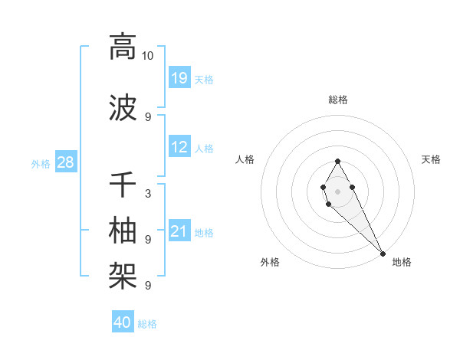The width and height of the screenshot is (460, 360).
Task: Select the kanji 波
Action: [x=123, y=106]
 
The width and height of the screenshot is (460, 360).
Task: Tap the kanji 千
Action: [x=123, y=185]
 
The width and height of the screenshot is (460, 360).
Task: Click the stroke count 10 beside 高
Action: [x=148, y=56]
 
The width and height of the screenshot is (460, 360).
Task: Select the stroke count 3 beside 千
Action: [x=148, y=194]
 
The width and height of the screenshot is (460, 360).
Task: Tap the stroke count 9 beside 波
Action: [x=148, y=116]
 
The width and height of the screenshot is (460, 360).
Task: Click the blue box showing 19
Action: [x=179, y=77]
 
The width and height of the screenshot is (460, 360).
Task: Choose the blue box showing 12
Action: [x=179, y=147]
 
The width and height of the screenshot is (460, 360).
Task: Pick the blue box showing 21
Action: [x=179, y=231]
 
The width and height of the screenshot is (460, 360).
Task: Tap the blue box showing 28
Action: [x=65, y=162]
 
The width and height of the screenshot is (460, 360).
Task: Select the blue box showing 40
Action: [x=123, y=322]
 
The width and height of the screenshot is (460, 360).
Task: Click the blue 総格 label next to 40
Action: [x=147, y=324]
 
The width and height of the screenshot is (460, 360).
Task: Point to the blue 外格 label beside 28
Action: [x=41, y=163]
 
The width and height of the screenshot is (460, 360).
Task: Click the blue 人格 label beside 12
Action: [x=204, y=149]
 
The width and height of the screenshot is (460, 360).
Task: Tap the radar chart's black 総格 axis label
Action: [x=337, y=100]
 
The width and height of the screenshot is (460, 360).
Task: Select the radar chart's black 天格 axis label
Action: [x=431, y=159]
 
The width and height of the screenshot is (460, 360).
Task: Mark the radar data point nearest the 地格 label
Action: [x=383, y=253]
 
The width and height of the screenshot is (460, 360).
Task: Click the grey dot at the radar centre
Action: [x=337, y=190]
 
